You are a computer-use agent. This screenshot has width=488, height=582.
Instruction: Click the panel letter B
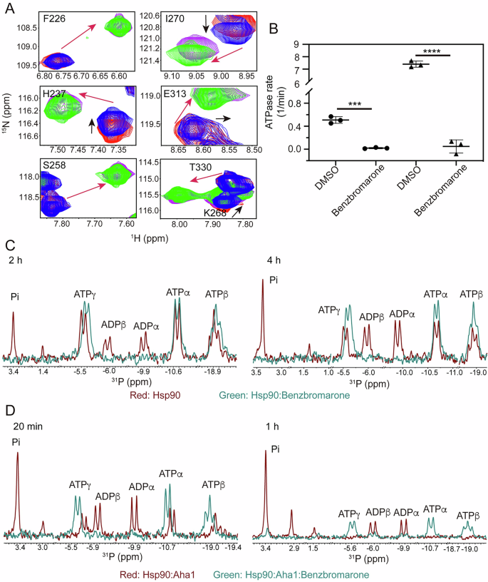point(273,31)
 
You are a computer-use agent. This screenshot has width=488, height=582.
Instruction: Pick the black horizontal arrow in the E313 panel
point(229,116)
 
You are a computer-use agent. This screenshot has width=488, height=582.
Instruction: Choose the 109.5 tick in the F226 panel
point(28,63)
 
